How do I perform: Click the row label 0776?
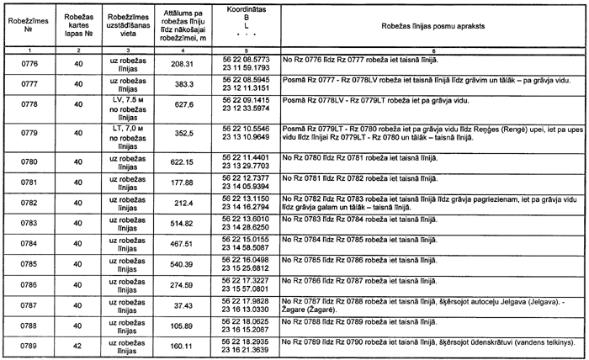[29, 63]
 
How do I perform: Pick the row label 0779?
[29, 131]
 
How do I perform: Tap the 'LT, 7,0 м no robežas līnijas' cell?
[130, 131]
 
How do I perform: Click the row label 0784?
[29, 244]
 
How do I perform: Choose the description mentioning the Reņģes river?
[432, 131]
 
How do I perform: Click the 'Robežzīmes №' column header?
[29, 26]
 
